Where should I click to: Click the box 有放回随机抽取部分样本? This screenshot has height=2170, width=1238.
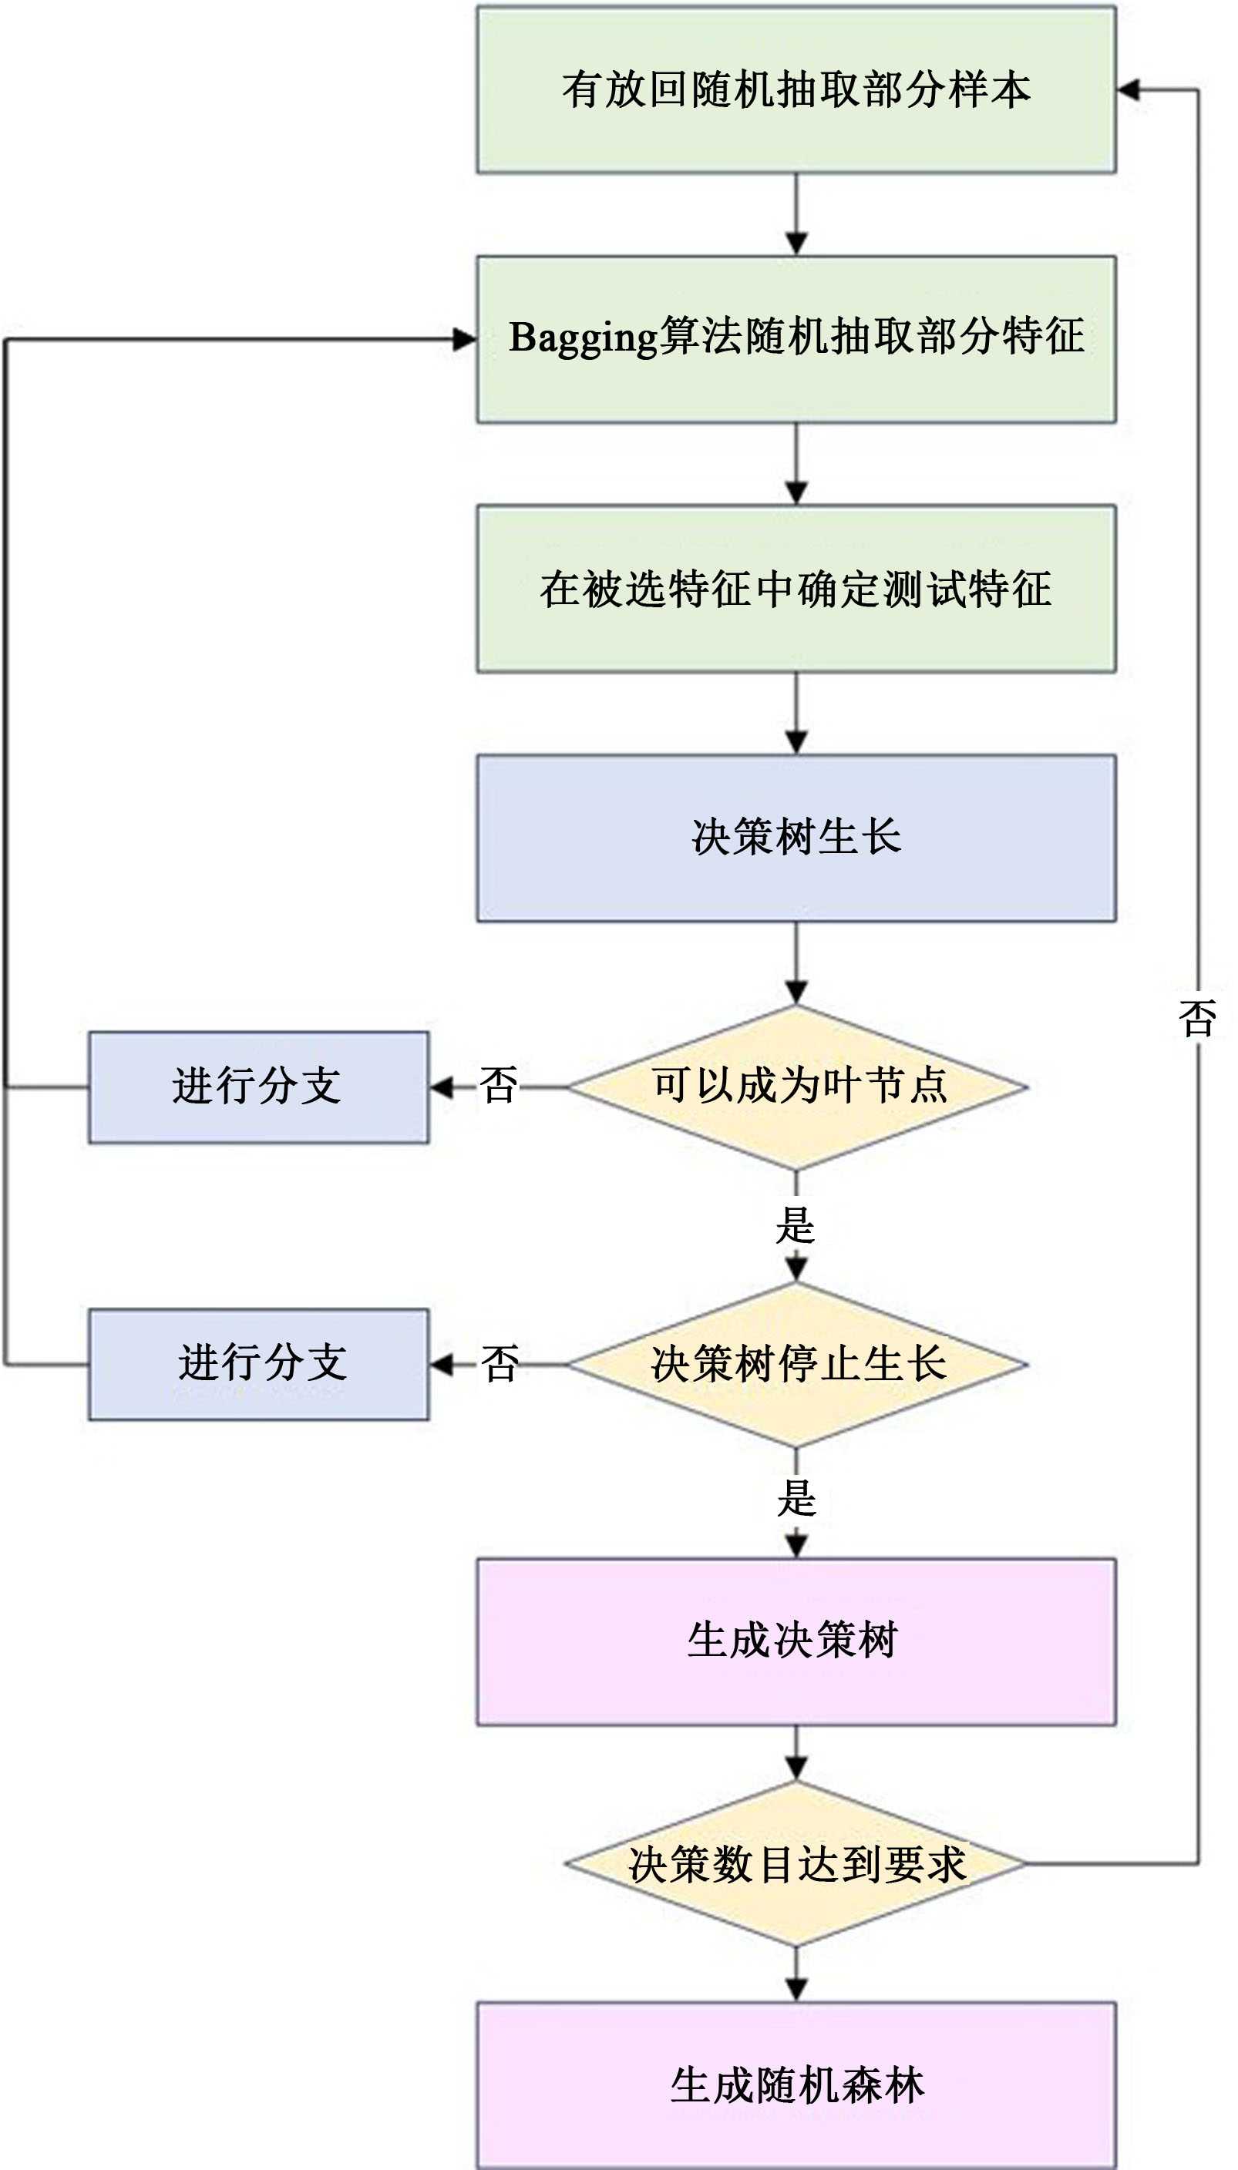coord(796,90)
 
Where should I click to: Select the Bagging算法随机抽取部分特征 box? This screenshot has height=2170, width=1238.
coord(796,339)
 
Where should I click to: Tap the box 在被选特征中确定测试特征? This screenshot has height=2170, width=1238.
coord(796,589)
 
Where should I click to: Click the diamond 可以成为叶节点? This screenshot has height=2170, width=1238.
coord(798,1087)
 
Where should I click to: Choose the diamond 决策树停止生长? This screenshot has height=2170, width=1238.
coord(798,1364)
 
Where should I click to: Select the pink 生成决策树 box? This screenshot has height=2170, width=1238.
coord(796,1641)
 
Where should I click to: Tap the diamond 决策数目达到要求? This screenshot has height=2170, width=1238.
coord(796,1864)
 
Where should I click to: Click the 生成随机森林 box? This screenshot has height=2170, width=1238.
coord(796,2085)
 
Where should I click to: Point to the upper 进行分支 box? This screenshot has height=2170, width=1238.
coord(258,1087)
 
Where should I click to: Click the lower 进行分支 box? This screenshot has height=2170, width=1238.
coord(258,1364)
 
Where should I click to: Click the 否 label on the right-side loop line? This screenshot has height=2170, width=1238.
coord(1197,1018)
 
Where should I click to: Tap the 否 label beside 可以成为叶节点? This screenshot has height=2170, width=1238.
coord(499,1086)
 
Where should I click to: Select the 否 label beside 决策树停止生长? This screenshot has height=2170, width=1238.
coord(500,1363)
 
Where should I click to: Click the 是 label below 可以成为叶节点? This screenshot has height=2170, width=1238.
coord(796,1224)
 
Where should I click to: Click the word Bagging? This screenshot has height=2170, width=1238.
coord(584,338)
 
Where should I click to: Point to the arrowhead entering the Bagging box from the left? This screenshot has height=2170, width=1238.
coord(464,340)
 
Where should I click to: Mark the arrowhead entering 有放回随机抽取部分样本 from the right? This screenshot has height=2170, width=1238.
coord(1129,90)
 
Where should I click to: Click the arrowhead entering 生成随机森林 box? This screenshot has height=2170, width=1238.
coord(796,1989)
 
